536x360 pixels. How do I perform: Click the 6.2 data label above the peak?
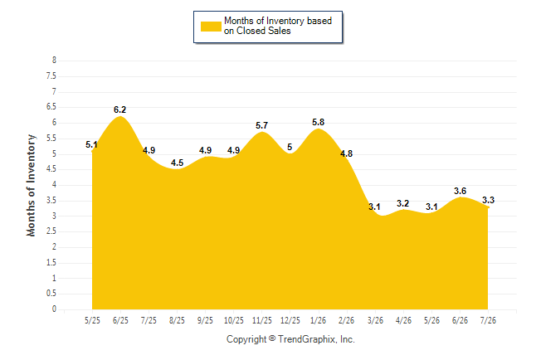point(119,109)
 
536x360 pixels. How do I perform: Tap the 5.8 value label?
point(319,122)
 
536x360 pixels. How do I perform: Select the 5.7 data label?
point(262,125)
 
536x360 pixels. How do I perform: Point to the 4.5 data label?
point(177,163)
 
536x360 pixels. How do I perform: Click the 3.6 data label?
point(460,191)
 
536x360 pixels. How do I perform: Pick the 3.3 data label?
point(488,200)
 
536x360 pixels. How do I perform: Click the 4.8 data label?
point(346,153)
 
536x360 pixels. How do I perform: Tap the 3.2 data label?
point(403,203)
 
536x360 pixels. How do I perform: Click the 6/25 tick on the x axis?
point(120,320)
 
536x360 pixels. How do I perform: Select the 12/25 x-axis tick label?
point(290,320)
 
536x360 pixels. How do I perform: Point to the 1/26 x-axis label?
point(319,320)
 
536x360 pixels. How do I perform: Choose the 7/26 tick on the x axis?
point(488,320)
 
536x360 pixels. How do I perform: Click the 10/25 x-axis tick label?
point(234,320)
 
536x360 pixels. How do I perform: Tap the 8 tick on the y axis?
point(54,61)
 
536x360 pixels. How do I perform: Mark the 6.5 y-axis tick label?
point(51,107)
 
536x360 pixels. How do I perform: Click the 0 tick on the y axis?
point(54,309)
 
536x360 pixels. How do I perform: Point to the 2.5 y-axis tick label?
point(51,231)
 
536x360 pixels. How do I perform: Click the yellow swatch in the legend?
point(211,27)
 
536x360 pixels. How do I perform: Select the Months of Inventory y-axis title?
point(31,185)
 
